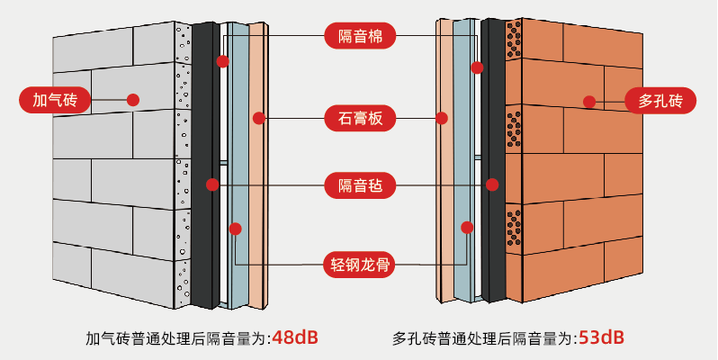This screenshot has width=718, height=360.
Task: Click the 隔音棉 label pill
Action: click(x=360, y=36)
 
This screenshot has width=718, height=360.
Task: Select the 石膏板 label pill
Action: click(x=360, y=118)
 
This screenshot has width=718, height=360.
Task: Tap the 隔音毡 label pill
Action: click(x=360, y=185)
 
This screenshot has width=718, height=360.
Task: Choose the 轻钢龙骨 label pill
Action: click(x=360, y=265)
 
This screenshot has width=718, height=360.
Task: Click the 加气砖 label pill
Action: click(x=55, y=100)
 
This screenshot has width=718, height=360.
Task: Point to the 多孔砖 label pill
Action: click(x=660, y=100)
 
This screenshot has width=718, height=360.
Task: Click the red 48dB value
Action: click(x=295, y=338)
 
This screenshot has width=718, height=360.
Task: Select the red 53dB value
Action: click(x=601, y=338)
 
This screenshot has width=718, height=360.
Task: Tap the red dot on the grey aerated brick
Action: click(x=133, y=100)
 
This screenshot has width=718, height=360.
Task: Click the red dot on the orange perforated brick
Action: click(x=589, y=102)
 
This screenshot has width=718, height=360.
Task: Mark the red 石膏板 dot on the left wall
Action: click(x=259, y=118)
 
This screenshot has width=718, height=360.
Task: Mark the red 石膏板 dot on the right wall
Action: click(x=442, y=118)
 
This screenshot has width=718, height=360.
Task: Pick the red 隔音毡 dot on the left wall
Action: click(x=212, y=184)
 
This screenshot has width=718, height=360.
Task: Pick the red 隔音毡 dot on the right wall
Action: click(x=492, y=184)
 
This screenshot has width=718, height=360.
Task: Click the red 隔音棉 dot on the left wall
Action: click(x=222, y=61)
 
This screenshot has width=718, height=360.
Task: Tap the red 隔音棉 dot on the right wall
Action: click(x=477, y=67)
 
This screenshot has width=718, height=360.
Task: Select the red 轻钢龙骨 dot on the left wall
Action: click(x=236, y=229)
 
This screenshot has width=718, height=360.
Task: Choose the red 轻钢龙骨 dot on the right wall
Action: click(x=467, y=227)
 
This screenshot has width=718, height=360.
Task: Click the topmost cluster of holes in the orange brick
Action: click(x=514, y=40)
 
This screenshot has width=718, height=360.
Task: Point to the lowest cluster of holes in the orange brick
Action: click(x=514, y=228)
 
